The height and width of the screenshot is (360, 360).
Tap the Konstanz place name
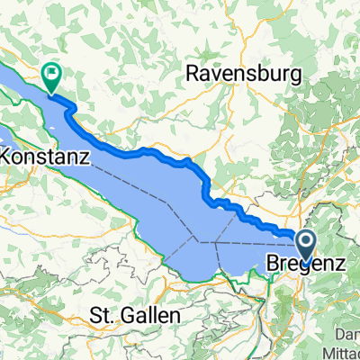[44, 157]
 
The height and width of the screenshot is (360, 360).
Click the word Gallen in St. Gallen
[148, 317]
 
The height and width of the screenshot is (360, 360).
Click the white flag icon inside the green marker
[52, 72]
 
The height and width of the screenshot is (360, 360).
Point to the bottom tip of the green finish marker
[52, 93]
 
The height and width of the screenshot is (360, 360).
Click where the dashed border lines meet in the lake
[199, 242]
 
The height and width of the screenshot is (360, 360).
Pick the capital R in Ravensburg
[191, 75]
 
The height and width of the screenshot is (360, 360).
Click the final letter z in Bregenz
[342, 265]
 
